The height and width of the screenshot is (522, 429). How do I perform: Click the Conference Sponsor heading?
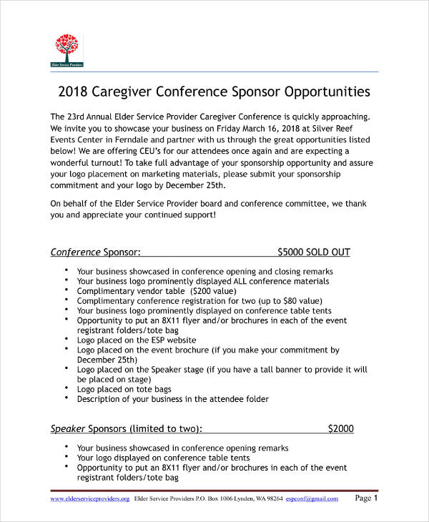click(95, 252)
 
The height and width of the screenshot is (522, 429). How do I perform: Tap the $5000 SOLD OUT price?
click(313, 252)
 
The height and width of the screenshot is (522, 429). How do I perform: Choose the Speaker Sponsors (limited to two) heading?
click(126, 429)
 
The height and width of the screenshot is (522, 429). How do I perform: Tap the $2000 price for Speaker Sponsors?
click(340, 429)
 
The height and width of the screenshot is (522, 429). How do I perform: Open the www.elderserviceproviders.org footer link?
click(89, 498)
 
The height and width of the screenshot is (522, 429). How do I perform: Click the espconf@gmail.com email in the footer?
click(312, 498)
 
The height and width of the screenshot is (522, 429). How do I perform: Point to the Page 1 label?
click(370, 498)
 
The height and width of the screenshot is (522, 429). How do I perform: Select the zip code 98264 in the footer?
click(273, 498)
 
